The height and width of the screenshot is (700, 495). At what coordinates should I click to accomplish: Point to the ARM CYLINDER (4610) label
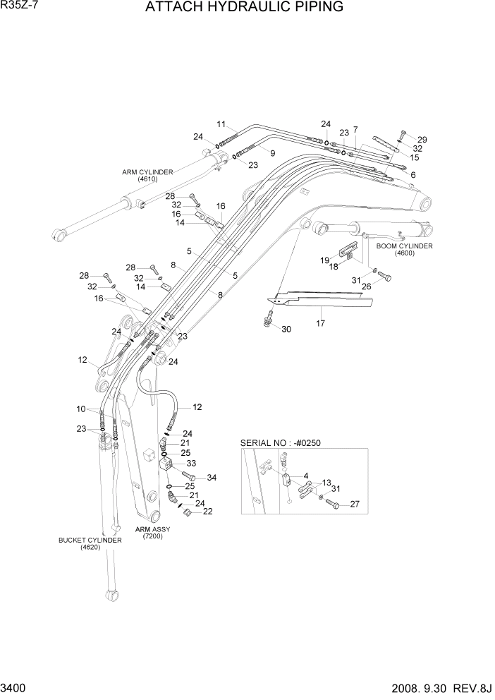coord(148,175)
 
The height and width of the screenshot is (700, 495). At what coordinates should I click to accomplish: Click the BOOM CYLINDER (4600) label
coord(404,249)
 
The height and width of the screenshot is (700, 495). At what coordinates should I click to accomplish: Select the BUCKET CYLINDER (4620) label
coord(90,543)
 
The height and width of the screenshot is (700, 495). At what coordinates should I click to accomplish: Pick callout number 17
coord(321,324)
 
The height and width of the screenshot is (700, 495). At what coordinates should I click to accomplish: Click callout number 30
coord(286,330)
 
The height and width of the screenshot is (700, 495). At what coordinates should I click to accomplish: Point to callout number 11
coord(221,124)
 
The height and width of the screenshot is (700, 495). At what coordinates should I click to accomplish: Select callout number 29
coord(422,139)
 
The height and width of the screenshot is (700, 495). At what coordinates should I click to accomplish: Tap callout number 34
coord(212,478)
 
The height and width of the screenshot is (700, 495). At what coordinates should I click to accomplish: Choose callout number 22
coord(207,512)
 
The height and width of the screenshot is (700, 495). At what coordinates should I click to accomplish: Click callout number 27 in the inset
coord(355,504)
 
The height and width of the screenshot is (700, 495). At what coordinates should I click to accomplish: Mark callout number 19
coord(325,260)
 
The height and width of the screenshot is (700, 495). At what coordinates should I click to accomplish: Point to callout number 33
coord(190,464)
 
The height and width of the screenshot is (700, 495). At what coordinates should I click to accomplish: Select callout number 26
coord(367,286)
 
